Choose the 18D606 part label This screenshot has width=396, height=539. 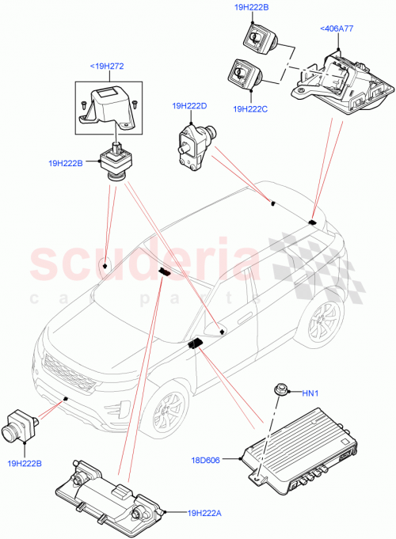click(227, 458)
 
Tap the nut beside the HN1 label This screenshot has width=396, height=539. click(281, 389)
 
